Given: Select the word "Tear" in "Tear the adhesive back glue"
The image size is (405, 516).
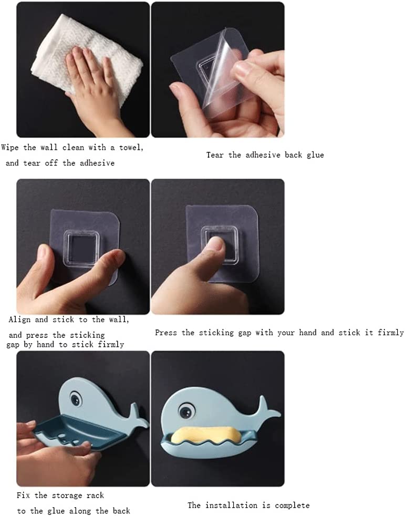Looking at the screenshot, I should (215, 155).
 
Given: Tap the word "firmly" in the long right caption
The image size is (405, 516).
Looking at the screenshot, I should (391, 333).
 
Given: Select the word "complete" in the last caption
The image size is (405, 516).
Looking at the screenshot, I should (292, 505).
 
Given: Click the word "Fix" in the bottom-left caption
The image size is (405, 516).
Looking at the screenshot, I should (23, 496).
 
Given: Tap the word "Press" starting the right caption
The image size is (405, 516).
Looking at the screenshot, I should (165, 333).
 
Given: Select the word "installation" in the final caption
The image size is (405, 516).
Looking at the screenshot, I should (231, 505).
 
